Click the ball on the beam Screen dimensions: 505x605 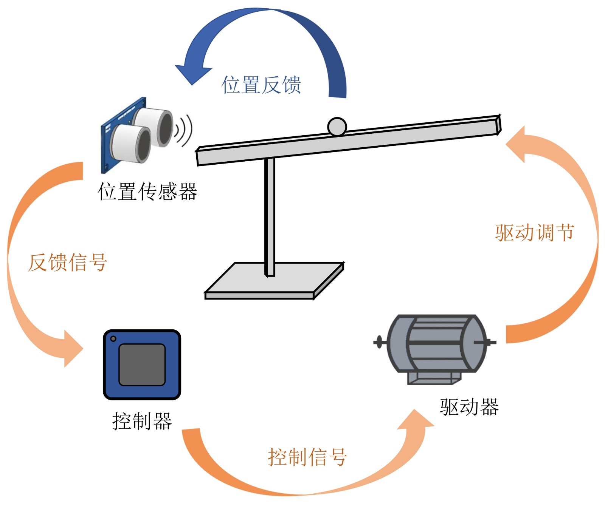click(337, 127)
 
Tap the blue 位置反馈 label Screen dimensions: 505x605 click(261, 85)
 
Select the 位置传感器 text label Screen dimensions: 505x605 click(147, 191)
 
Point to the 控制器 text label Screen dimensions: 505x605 click(142, 421)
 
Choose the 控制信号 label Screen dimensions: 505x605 click(307, 457)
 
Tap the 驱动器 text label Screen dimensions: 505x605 click(469, 407)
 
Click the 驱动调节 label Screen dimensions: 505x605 click(534, 232)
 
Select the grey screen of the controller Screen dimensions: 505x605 click(142, 364)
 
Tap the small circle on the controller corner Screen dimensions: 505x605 click(113, 339)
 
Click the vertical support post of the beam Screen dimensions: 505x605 click(270, 215)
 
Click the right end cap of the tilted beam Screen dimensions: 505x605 click(498, 125)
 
